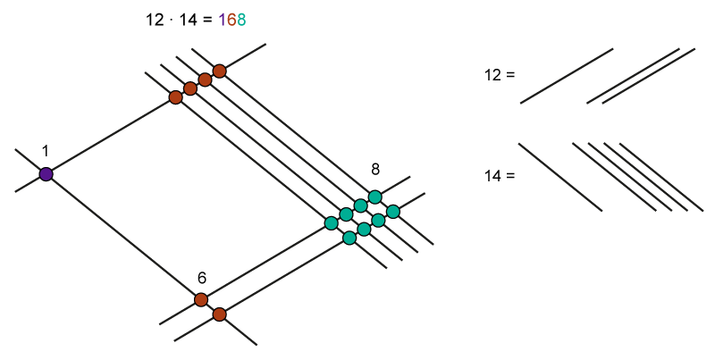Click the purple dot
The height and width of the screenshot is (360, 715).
coord(46,174)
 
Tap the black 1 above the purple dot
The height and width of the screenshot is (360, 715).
coord(46,151)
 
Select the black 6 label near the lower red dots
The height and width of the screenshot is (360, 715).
coord(202,278)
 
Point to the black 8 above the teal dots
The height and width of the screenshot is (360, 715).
coord(375,169)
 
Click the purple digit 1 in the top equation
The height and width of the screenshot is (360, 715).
coord(222,19)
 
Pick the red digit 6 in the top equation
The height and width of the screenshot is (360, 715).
coord(231,19)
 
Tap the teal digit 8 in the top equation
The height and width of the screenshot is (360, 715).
coord(240,19)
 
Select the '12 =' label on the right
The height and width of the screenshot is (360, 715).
coord(500,75)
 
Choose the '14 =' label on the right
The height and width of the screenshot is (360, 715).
coord(500,176)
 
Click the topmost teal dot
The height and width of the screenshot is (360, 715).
coord(375,197)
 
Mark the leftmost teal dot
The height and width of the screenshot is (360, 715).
coord(332,222)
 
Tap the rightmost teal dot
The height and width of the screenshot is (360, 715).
coord(392,212)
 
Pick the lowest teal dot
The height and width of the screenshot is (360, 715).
coord(349,239)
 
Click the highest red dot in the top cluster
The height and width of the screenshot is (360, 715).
coord(219,71)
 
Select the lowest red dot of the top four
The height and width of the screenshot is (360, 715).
coord(176,97)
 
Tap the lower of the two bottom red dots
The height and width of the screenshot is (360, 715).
coord(219,314)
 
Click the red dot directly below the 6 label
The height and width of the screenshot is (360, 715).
coord(201,299)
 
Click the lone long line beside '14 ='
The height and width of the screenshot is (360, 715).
coord(560,177)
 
